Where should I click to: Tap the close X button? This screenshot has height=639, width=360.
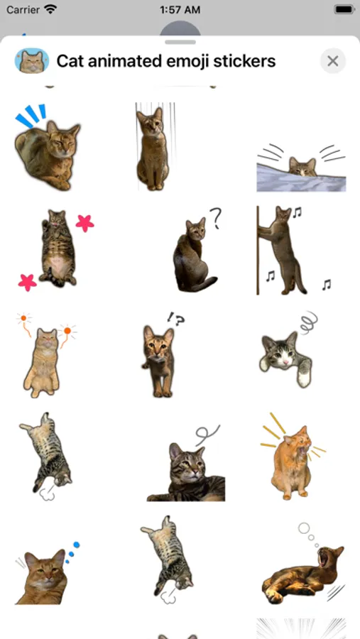click(x=333, y=61)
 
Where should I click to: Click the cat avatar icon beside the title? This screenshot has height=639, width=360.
click(x=32, y=61)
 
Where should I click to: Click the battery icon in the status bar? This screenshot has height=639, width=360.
click(x=344, y=9)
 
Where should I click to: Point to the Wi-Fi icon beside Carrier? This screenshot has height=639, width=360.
click(x=50, y=9)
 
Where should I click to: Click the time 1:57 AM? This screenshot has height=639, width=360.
click(x=180, y=9)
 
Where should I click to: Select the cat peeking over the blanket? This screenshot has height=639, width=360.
click(x=302, y=167)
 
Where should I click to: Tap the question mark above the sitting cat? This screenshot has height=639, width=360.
click(x=216, y=218)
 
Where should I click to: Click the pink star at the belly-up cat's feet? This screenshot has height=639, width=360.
click(x=27, y=283)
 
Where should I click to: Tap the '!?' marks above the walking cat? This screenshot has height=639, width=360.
click(x=176, y=319)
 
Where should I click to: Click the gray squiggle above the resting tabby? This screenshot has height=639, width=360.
click(x=207, y=435)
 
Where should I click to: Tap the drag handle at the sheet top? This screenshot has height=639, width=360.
click(x=180, y=42)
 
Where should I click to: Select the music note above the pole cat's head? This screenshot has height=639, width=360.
click(x=297, y=212)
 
